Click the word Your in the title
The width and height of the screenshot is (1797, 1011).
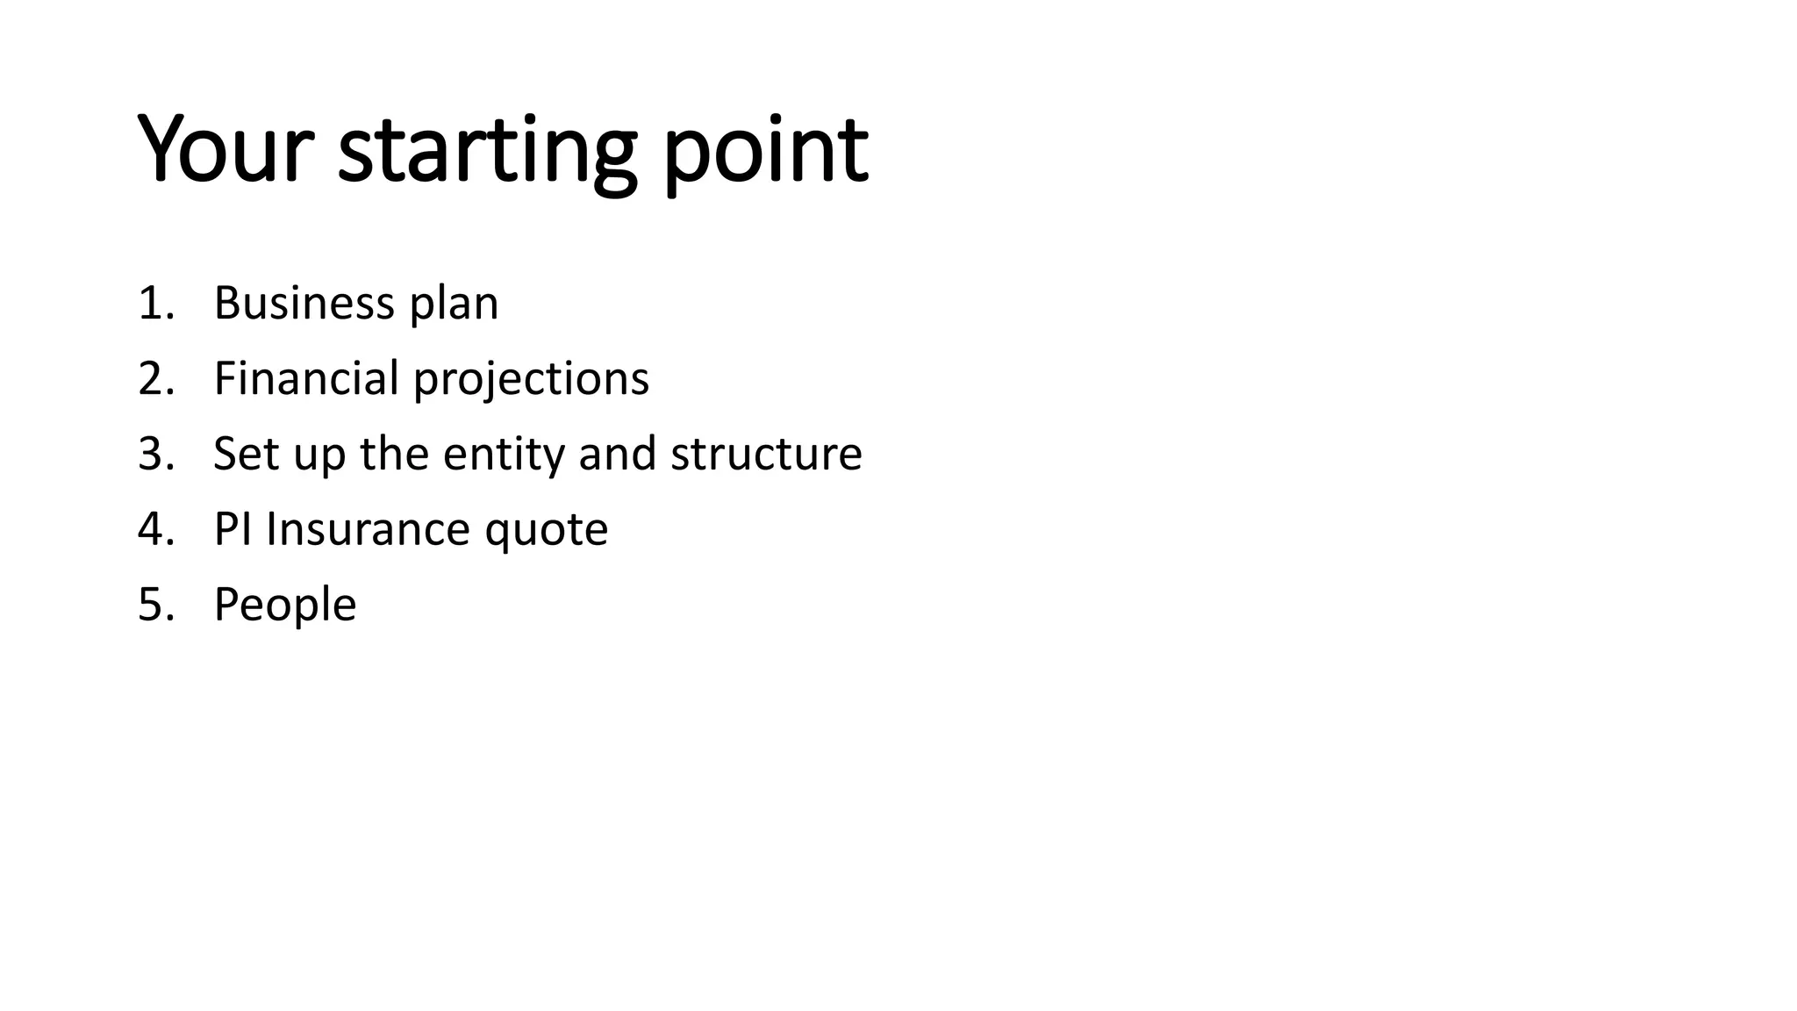(226, 149)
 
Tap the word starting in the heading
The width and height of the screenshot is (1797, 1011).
(487, 151)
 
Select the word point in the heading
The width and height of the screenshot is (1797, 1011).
(765, 151)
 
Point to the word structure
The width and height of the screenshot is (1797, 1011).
(766, 455)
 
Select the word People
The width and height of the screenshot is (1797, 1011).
(285, 606)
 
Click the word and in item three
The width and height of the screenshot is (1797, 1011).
(618, 454)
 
